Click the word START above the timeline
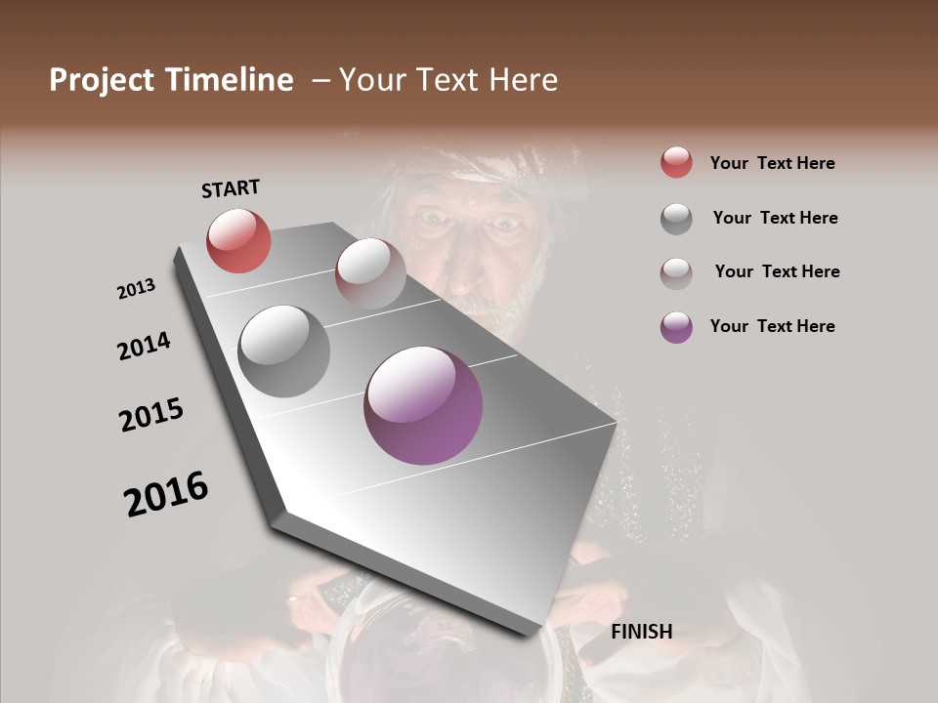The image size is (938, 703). (231, 187)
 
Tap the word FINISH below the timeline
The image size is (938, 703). (641, 632)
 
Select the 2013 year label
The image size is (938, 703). (136, 288)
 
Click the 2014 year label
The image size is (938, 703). (144, 346)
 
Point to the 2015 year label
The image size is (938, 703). (151, 415)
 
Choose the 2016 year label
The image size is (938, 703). (166, 494)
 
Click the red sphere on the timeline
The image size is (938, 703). (238, 240)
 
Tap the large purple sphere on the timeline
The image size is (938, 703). (423, 405)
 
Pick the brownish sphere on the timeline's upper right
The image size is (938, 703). (370, 272)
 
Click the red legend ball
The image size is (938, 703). (676, 163)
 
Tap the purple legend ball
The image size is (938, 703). (676, 327)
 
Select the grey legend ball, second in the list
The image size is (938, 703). (676, 219)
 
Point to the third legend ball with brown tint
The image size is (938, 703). (676, 272)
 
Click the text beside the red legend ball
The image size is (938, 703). (772, 163)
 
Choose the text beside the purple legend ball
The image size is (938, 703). (772, 326)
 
